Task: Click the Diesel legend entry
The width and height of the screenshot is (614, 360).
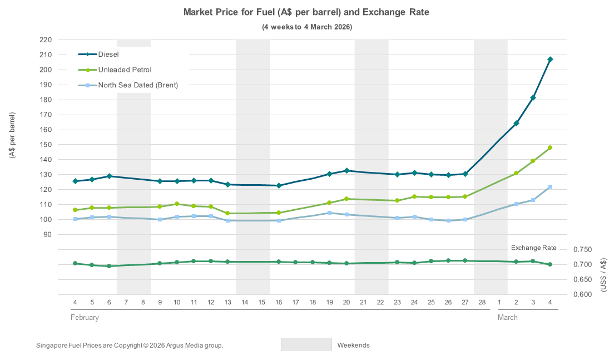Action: [x=108, y=55]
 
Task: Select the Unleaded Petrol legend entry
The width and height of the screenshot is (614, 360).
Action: [x=125, y=70]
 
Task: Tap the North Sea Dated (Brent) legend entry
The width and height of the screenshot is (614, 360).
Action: [x=138, y=85]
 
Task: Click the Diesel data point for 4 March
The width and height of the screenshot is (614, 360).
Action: [x=550, y=60]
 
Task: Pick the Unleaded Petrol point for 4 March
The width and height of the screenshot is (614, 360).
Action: [x=550, y=148]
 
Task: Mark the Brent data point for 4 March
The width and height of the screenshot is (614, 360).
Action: [x=550, y=187]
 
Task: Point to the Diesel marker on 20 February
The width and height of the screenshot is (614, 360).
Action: [x=346, y=171]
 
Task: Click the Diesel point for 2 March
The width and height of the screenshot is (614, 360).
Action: [x=516, y=124]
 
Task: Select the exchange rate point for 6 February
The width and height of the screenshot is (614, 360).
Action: [x=109, y=266]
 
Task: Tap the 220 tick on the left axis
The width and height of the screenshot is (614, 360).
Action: [x=46, y=40]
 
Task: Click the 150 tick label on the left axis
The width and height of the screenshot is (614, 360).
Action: [x=46, y=145]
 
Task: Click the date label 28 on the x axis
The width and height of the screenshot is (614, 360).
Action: [x=482, y=302]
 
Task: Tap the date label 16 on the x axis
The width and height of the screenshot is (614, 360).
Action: [x=279, y=302]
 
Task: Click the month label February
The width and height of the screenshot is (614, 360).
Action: [x=85, y=318]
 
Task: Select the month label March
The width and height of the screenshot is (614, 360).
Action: [x=507, y=318]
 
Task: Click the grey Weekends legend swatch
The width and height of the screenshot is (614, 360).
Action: [x=306, y=344]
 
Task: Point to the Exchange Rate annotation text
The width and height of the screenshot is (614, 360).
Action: [x=533, y=247]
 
